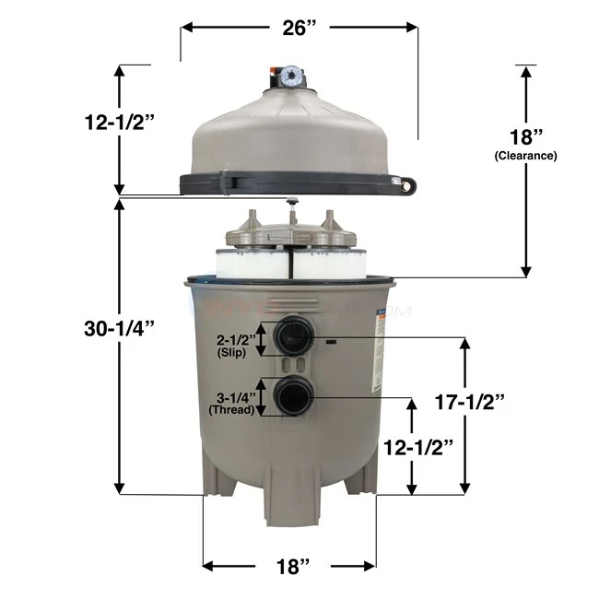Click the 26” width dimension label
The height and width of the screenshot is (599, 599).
(300, 27)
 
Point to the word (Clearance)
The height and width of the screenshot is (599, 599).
(523, 156)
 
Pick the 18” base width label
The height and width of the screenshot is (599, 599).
(288, 566)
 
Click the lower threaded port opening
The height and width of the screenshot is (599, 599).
(295, 398)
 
